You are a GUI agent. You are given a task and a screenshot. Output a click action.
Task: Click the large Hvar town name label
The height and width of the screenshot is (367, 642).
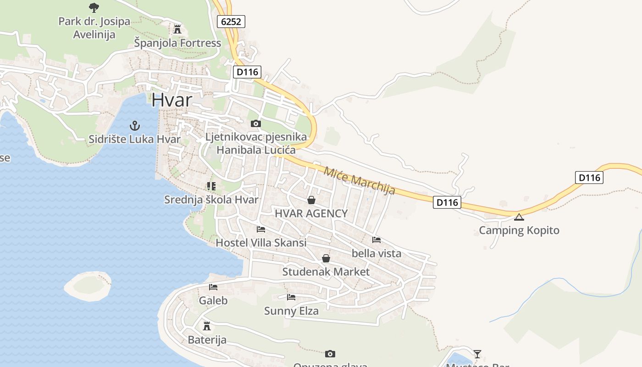pyautogui.click(x=172, y=100)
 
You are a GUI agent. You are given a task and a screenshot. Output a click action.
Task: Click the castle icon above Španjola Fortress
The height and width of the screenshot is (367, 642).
pyautogui.click(x=177, y=30)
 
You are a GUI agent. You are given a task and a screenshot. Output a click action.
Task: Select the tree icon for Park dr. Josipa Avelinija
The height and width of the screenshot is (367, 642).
pyautogui.click(x=94, y=8)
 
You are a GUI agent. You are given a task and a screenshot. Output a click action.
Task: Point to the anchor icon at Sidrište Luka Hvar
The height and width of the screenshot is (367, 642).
pyautogui.click(x=134, y=125)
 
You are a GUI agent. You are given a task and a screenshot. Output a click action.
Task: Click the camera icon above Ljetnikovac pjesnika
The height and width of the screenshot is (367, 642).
pyautogui.click(x=256, y=123)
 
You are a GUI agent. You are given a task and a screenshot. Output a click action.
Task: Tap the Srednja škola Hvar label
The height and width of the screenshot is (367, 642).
pyautogui.click(x=211, y=200)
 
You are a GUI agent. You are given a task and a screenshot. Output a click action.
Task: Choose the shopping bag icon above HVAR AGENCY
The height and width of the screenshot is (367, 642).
pyautogui.click(x=311, y=200)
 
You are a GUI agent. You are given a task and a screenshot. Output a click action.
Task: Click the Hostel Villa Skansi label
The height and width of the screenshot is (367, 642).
pyautogui.click(x=261, y=243)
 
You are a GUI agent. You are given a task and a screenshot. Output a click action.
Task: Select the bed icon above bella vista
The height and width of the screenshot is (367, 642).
pyautogui.click(x=376, y=239)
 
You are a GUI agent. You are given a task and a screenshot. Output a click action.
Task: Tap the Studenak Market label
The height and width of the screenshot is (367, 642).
pyautogui.click(x=326, y=272)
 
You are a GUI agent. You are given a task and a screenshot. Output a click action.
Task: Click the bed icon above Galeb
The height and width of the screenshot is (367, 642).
pyautogui.click(x=213, y=287)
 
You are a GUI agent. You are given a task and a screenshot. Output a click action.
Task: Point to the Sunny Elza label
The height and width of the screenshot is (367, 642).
pyautogui.click(x=291, y=311)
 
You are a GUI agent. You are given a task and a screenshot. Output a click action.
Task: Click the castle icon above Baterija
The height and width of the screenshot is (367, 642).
pyautogui.click(x=207, y=326)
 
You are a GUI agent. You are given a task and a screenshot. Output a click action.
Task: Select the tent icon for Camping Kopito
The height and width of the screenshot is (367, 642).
pyautogui.click(x=519, y=217)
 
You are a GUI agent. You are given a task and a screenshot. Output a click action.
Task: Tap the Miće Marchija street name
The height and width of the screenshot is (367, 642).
pyautogui.click(x=359, y=181)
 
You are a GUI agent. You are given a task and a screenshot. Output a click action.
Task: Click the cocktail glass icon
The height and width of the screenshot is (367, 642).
pyautogui.click(x=477, y=354)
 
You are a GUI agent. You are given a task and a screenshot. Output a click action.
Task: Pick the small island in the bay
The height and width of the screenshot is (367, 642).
pyautogui.click(x=88, y=286)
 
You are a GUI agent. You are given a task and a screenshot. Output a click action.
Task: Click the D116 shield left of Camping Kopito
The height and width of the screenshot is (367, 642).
pyautogui.click(x=447, y=202)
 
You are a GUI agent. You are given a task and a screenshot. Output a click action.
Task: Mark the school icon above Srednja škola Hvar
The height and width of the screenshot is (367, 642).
pyautogui.click(x=211, y=186)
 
